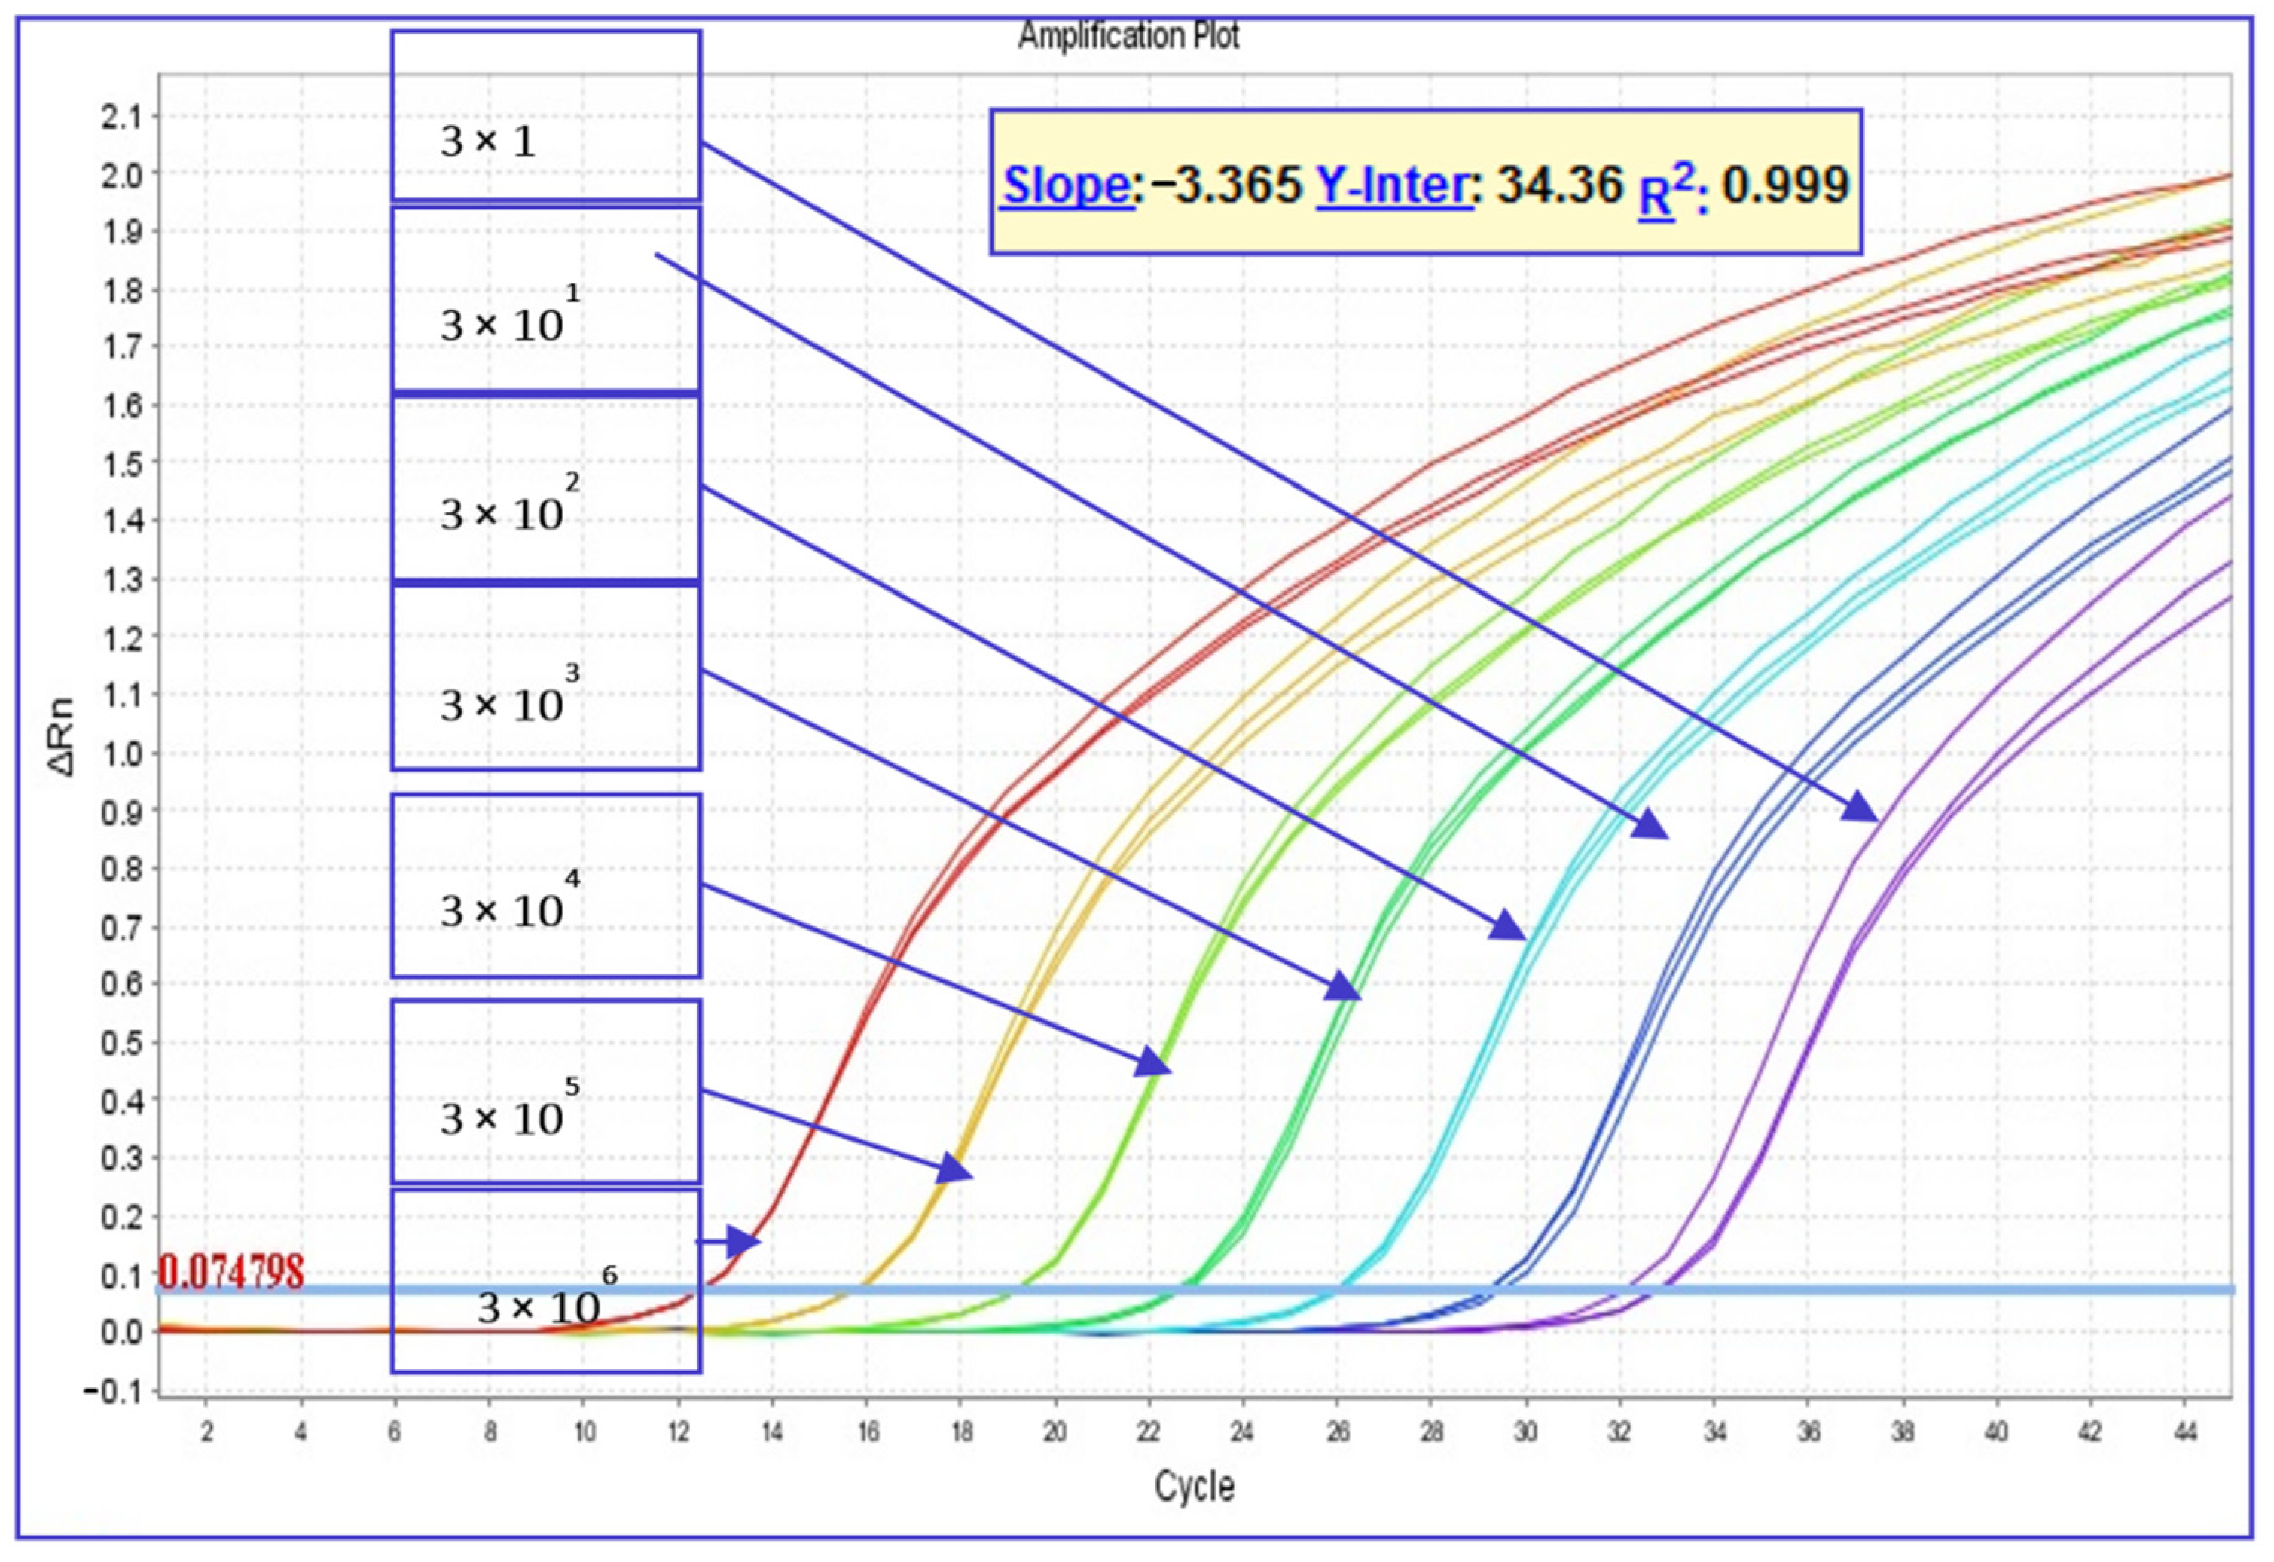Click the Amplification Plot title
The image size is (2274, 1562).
(x=1128, y=36)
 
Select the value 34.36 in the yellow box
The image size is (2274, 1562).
(x=1560, y=185)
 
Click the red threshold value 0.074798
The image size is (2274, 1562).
(x=231, y=1273)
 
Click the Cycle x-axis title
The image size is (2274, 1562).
(x=1194, y=1486)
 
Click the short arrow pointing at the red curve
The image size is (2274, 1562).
(x=730, y=1242)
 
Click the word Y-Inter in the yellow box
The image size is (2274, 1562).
(x=1393, y=185)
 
